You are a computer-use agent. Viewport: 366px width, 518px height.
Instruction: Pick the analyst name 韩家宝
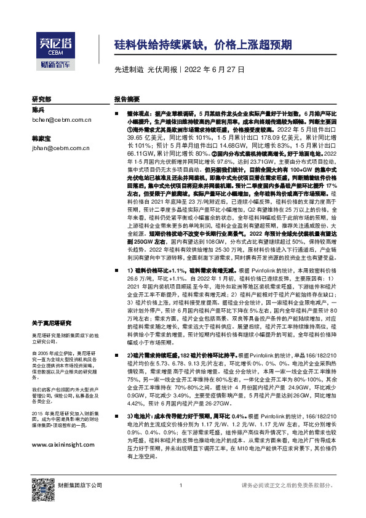41,138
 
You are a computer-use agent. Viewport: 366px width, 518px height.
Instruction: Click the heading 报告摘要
127,99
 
